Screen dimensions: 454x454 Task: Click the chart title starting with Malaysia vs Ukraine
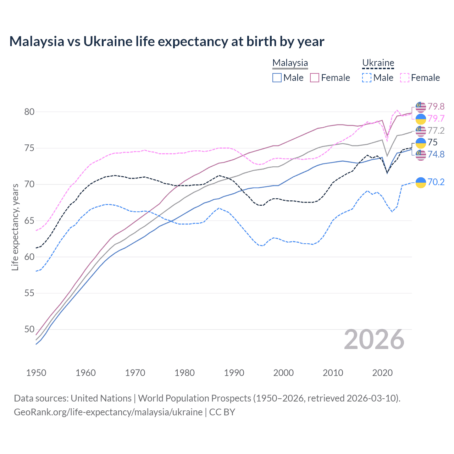[x=167, y=41]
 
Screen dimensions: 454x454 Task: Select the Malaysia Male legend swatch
[x=277, y=78]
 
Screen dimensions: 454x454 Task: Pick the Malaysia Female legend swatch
[x=315, y=78]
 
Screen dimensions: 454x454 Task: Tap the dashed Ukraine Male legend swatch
[x=367, y=78]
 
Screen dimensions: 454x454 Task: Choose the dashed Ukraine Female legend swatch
[x=405, y=78]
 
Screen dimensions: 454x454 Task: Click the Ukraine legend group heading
[x=378, y=63]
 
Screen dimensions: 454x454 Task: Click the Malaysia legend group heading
[x=290, y=63]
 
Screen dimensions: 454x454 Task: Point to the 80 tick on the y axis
[x=29, y=112]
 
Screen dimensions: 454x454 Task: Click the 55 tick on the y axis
[x=29, y=293]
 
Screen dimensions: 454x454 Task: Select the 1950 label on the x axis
[x=36, y=373]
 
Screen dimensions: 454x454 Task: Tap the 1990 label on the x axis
[x=234, y=373]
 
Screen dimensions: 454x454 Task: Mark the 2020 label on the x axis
[x=382, y=373]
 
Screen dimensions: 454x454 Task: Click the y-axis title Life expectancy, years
[x=15, y=227]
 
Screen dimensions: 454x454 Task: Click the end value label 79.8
[x=436, y=106]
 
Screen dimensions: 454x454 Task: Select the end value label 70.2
[x=436, y=182]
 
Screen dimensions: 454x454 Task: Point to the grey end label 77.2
[x=436, y=131]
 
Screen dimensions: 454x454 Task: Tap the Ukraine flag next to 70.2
[x=421, y=182]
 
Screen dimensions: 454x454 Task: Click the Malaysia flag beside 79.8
[x=421, y=106]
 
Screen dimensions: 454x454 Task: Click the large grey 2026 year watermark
[x=374, y=339]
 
